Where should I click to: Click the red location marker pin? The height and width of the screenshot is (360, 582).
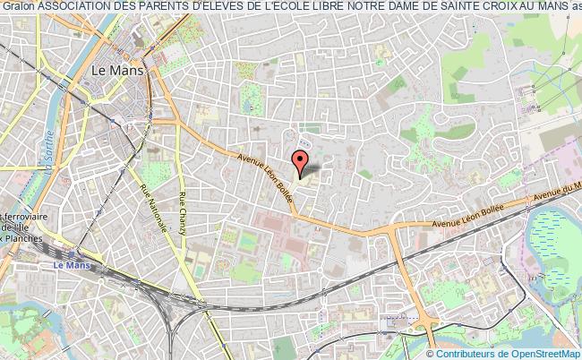302,161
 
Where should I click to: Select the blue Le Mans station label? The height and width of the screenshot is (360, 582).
70,264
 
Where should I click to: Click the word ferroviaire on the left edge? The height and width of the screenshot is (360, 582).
19,218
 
